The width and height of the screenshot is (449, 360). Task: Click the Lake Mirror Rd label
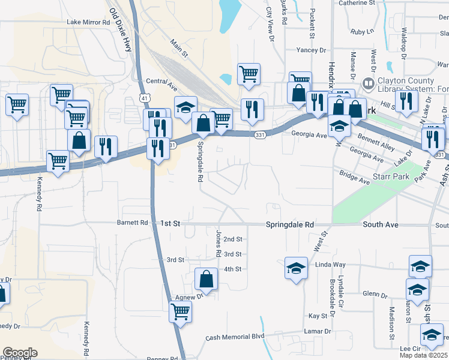pyautogui.click(x=89, y=22)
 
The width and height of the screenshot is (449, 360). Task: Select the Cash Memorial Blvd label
pyautogui.click(x=235, y=337)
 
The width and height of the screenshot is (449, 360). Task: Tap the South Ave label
pyautogui.click(x=381, y=224)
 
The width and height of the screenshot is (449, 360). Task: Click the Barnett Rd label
pyautogui.click(x=136, y=223)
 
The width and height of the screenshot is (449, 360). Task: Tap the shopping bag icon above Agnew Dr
pyautogui.click(x=206, y=278)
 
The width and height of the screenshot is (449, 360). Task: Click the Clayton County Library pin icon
pyautogui.click(x=369, y=82)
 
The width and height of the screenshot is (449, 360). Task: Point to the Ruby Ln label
pyautogui.click(x=362, y=31)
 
